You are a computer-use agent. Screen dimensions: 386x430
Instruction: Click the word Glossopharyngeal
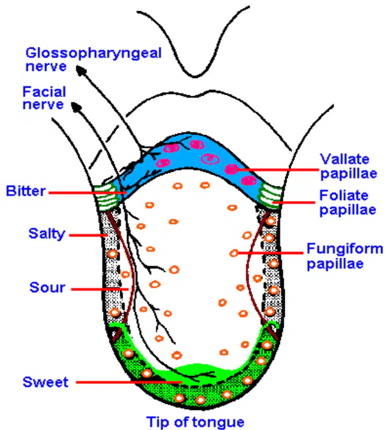coord(94,54)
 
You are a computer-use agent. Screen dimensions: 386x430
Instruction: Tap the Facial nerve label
coord(44,98)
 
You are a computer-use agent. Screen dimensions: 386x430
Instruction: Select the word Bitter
coord(26,191)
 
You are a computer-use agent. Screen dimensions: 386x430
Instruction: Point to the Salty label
coord(47,234)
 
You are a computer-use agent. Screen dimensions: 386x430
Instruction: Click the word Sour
coord(47,287)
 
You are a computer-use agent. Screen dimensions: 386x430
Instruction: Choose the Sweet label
coord(46,382)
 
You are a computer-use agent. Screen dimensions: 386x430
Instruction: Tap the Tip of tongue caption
coord(195,422)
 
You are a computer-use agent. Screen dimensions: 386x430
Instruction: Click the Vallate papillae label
coord(349,166)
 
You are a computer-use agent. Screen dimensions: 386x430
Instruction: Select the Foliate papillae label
coord(348,203)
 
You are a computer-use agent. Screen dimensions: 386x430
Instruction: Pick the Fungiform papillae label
coord(345,256)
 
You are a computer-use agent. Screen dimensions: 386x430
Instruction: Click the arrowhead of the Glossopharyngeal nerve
coord(81,70)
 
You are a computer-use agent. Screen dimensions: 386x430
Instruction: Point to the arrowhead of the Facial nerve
coord(76,107)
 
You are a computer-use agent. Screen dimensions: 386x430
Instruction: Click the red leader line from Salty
coord(88,235)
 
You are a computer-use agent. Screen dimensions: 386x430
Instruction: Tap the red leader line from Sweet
coord(129,382)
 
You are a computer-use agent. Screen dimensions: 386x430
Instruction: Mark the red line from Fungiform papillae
coord(271,253)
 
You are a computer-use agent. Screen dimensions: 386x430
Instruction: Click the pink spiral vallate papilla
coord(210,159)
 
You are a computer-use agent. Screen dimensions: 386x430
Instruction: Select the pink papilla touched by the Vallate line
coord(231,169)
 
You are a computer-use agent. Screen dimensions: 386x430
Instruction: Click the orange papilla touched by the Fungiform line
coord(234,253)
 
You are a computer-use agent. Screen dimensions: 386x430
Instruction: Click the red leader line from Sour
coord(99,289)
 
